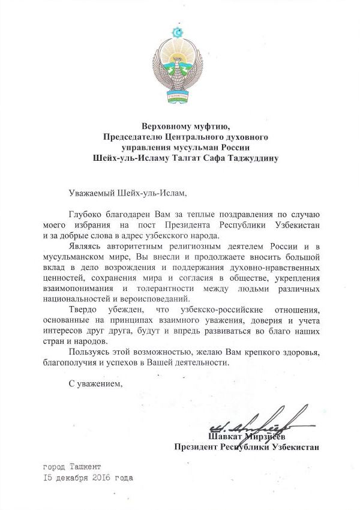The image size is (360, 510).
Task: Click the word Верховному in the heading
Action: (x=166, y=127)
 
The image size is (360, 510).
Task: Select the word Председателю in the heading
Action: (x=133, y=137)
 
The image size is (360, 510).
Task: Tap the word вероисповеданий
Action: (x=155, y=298)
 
